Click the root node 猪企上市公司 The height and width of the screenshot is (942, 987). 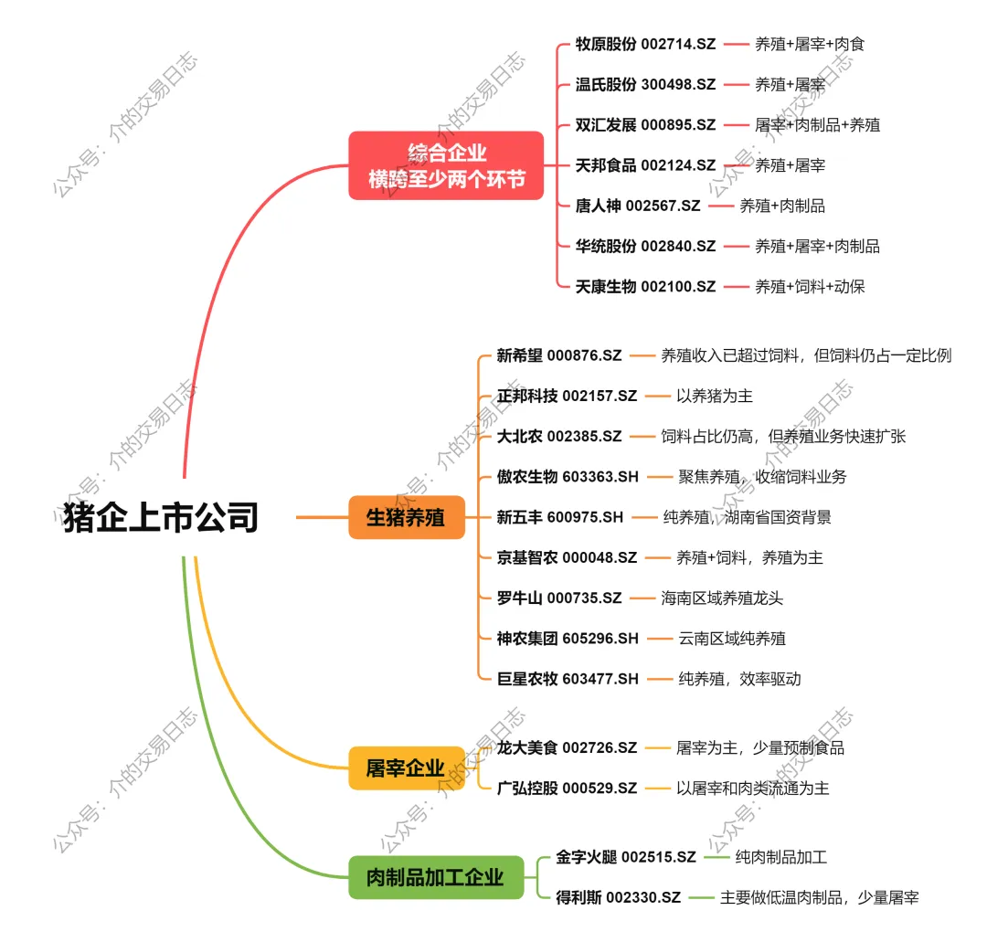tap(161, 517)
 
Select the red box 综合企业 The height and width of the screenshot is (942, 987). tap(446, 165)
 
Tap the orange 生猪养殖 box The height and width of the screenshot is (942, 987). tap(406, 517)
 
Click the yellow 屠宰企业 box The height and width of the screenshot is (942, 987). tap(405, 768)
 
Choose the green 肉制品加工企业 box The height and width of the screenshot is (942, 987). tap(435, 878)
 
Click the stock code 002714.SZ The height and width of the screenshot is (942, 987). tap(678, 44)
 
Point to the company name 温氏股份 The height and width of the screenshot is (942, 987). tap(605, 84)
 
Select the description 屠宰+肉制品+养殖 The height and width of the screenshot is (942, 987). tap(817, 125)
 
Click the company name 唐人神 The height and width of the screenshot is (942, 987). tap(598, 206)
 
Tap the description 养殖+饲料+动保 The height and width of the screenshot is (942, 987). tap(809, 287)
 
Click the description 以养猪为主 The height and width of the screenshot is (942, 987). tap(714, 396)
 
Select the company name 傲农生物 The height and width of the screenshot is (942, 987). tap(526, 477)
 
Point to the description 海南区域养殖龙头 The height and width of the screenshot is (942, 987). tap(722, 598)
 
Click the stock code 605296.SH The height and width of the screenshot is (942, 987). tap(600, 639)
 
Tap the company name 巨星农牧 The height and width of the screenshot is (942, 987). tap(526, 679)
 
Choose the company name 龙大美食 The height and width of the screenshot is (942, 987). tap(526, 747)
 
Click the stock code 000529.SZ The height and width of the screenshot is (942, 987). tap(600, 788)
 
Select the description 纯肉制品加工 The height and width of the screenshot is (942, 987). tap(780, 857)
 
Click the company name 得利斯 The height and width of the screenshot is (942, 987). tap(578, 897)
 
